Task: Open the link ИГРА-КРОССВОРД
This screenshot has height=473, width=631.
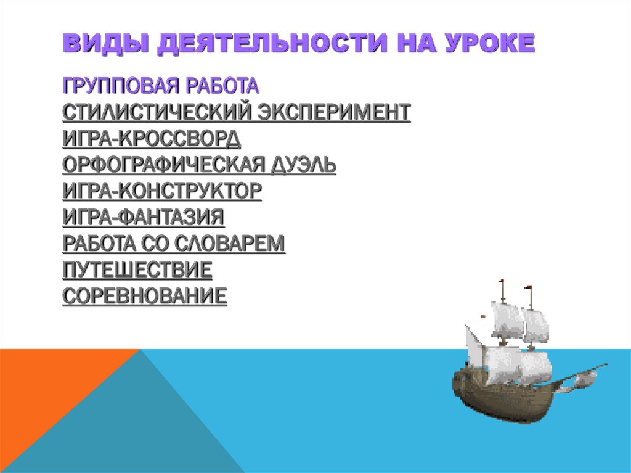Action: tap(152, 139)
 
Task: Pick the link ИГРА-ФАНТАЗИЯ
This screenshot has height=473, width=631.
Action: tap(143, 218)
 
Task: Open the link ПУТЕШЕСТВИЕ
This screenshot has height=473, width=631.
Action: tap(137, 270)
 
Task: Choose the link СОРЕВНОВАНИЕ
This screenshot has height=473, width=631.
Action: tap(145, 297)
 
